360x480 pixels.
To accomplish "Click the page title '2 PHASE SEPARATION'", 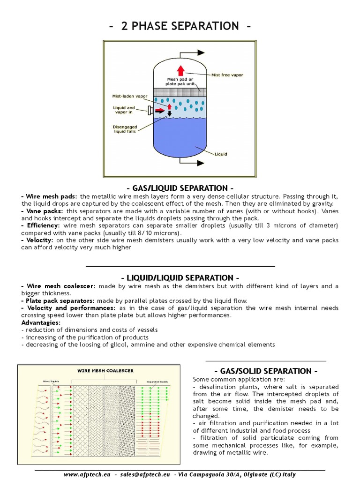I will point(180,26).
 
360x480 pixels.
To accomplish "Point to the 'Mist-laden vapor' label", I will point(126,96).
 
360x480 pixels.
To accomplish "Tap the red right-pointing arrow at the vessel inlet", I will point(159,111).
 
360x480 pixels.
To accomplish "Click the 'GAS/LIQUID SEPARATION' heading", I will point(180,188).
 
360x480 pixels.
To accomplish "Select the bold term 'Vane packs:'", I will point(37,211).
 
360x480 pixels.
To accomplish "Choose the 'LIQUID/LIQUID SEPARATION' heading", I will point(180,278).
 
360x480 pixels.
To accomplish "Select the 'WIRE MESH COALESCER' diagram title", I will point(105,370).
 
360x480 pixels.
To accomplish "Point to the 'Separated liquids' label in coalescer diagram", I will point(157,382).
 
